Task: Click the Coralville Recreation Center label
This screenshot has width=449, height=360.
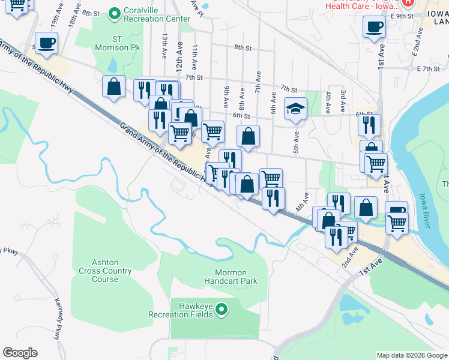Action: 157,15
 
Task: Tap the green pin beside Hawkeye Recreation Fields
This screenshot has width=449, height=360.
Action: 222,310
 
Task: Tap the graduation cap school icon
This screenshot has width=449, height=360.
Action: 295,108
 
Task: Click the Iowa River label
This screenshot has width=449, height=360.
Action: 427,210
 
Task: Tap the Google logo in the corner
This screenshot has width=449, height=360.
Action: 20,353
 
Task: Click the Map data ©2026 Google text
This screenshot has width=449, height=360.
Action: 412,355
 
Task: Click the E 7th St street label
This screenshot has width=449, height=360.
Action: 429,69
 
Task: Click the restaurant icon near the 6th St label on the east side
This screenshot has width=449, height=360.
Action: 369,124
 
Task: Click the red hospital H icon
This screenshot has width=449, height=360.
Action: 408,2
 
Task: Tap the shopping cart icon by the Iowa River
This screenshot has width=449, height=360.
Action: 397,223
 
